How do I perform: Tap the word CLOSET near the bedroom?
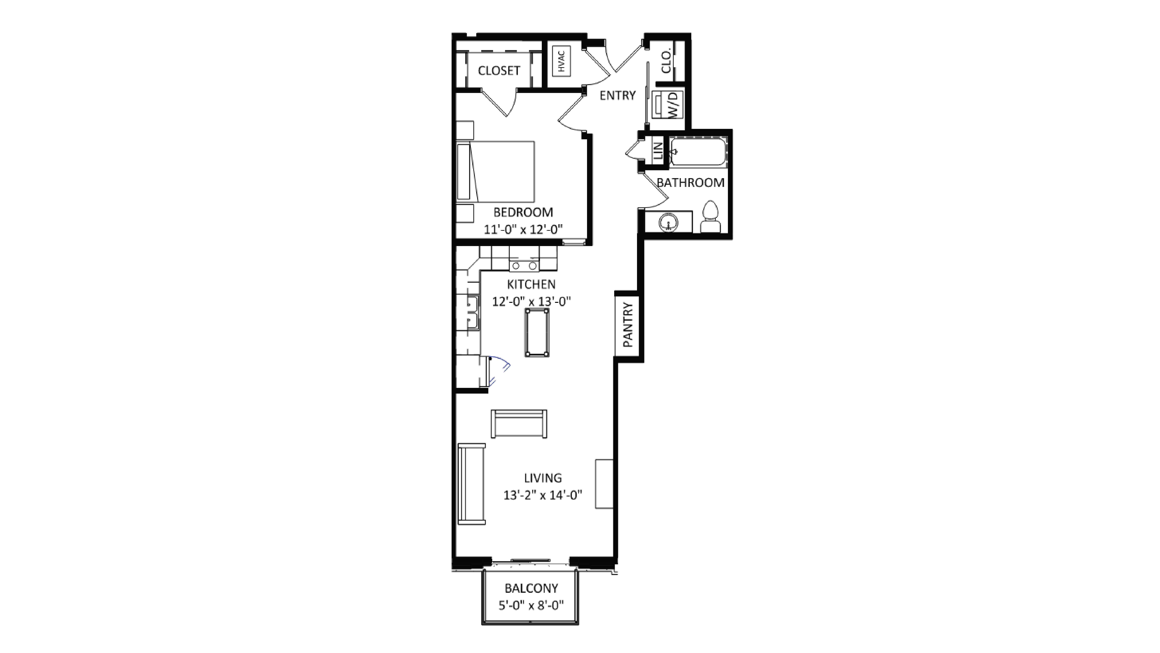[499, 71]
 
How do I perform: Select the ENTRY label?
[617, 95]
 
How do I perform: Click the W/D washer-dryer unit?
[667, 105]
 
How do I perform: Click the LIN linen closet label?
[658, 151]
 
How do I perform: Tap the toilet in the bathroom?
[711, 217]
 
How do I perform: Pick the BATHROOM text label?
[690, 183]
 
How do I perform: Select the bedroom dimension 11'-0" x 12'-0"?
[523, 230]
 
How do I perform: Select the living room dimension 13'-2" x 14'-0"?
[543, 495]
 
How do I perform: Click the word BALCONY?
[531, 588]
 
